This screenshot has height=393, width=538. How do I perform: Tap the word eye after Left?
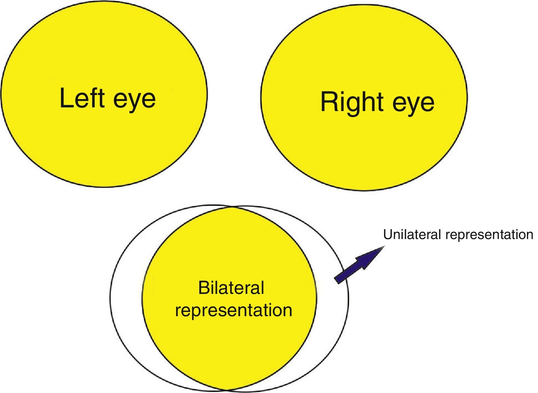[134, 99]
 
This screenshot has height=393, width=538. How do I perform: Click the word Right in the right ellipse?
[352, 102]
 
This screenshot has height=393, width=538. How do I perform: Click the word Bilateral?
[231, 288]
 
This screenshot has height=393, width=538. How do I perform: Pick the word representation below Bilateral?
[234, 311]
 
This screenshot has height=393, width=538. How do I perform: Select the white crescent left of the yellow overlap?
[126, 298]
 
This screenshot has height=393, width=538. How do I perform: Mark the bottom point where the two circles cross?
[226, 390]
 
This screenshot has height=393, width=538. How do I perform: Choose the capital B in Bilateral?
[203, 288]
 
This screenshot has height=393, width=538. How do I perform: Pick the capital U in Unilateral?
[388, 235]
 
